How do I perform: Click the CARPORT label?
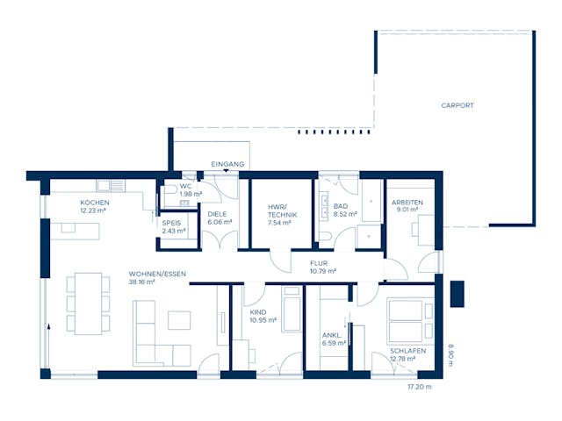[457, 105]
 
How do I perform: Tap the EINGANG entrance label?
[227, 164]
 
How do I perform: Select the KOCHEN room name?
[94, 203]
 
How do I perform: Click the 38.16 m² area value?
[141, 282]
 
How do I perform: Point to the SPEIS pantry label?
[172, 223]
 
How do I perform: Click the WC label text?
[185, 186]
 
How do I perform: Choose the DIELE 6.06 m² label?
[219, 218]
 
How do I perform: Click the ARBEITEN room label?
[407, 203]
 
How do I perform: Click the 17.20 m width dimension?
[419, 386]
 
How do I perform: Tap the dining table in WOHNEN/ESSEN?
[87, 303]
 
